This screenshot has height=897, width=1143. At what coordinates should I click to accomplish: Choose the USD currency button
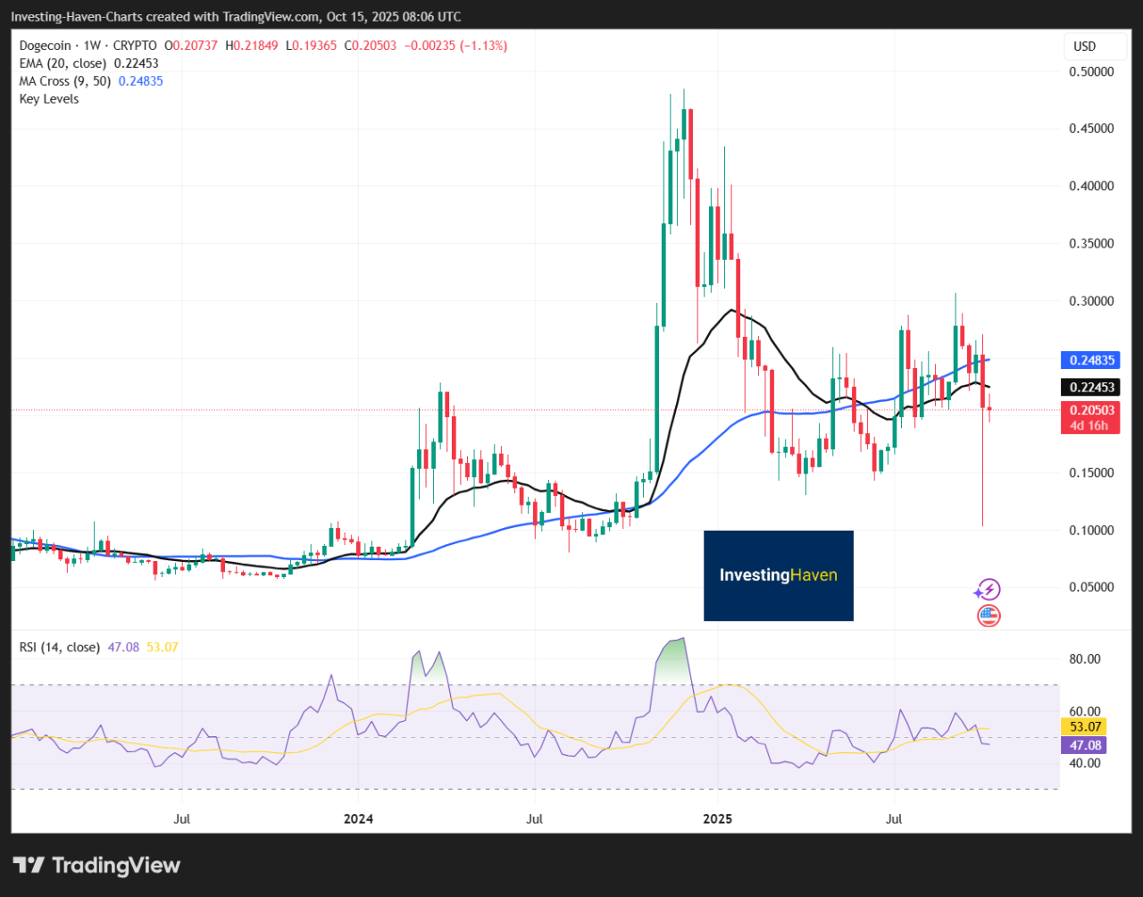(x=1084, y=46)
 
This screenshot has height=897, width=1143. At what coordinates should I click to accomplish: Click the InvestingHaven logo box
(x=779, y=575)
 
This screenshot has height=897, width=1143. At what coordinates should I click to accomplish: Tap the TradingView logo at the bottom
(x=96, y=865)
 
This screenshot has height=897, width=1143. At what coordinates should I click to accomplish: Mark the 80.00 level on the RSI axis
(x=1086, y=659)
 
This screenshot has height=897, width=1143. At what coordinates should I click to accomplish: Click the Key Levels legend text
(x=49, y=99)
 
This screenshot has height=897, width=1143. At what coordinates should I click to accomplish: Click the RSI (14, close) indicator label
(x=60, y=647)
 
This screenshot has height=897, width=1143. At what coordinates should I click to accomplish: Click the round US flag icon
(x=989, y=615)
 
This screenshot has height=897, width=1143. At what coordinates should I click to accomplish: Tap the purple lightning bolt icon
(x=988, y=590)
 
